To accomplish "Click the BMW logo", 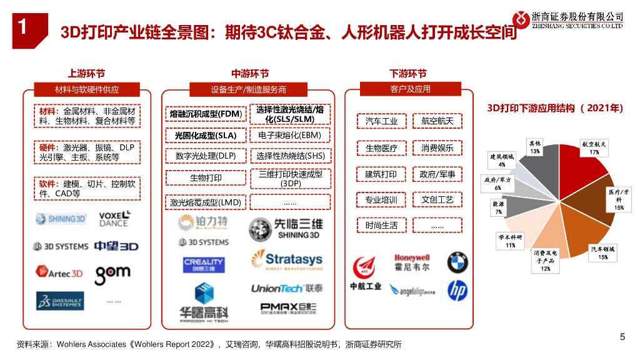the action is click(x=457, y=262).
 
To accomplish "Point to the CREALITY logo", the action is click(x=204, y=265).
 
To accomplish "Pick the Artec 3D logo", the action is click(x=59, y=273).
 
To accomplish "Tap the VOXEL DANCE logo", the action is click(x=115, y=219).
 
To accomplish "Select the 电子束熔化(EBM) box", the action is click(x=289, y=135).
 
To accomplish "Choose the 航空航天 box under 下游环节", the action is click(x=437, y=121).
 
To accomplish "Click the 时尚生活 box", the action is click(x=381, y=225).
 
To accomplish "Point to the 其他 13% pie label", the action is click(x=535, y=147).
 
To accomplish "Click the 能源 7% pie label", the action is click(x=499, y=208).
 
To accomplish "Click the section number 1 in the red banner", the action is click(x=22, y=27).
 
